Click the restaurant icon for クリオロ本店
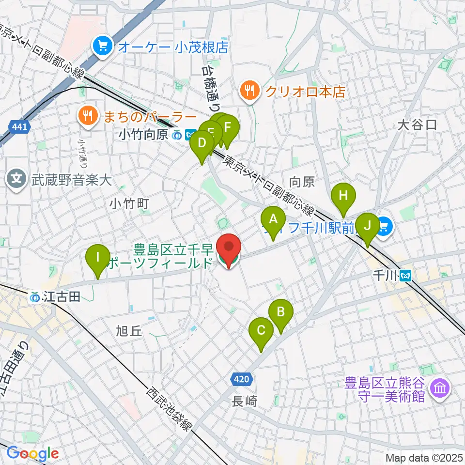pyautogui.click(x=249, y=90)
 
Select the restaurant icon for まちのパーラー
pyautogui.click(x=88, y=116)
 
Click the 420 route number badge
pyautogui.click(x=242, y=379)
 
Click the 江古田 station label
pyautogui.click(x=54, y=296)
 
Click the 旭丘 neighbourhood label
pyautogui.click(x=129, y=331)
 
